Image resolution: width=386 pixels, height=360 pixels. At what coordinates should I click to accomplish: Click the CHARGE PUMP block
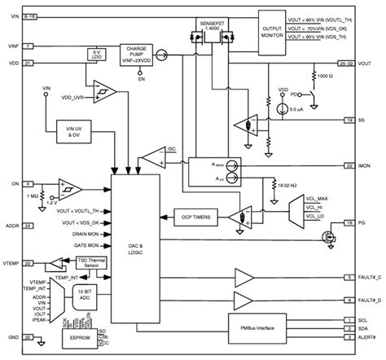(136, 53)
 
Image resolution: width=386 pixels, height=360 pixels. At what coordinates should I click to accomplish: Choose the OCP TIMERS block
(196, 217)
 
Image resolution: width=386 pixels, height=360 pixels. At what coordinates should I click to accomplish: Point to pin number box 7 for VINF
(29, 46)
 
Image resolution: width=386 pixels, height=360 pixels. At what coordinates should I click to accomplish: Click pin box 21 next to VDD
(29, 63)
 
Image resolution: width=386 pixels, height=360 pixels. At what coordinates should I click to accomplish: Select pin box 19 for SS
(349, 121)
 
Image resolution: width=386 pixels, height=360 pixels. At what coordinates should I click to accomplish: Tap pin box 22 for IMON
(349, 164)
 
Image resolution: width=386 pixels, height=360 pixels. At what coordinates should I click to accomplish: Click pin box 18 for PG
(349, 221)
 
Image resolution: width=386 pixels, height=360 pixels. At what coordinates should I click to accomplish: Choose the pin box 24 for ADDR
(29, 225)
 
